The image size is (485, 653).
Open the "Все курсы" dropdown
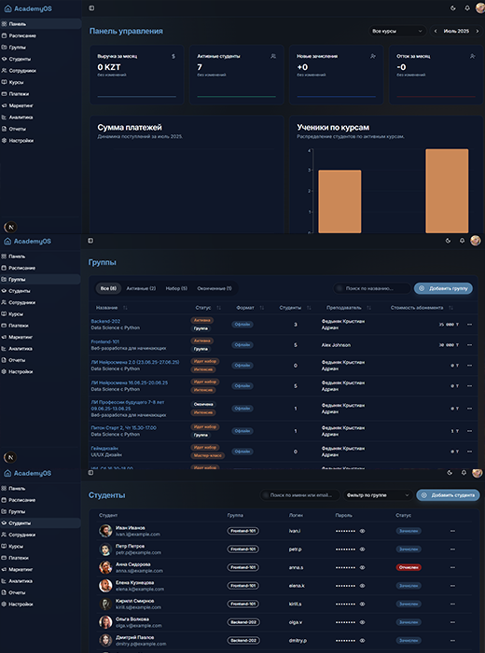[395, 31]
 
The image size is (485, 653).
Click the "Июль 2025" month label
[456, 31]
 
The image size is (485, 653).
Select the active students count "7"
[200, 67]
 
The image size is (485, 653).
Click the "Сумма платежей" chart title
[130, 126]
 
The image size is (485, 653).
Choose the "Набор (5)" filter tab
[177, 288]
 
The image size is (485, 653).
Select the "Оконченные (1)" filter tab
[214, 288]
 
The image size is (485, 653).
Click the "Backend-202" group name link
[105, 321]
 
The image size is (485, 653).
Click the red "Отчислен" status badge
[409, 566]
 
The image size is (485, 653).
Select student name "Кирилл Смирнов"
[135, 600]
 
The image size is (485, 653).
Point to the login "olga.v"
[296, 619]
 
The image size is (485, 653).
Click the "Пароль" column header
[343, 514]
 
